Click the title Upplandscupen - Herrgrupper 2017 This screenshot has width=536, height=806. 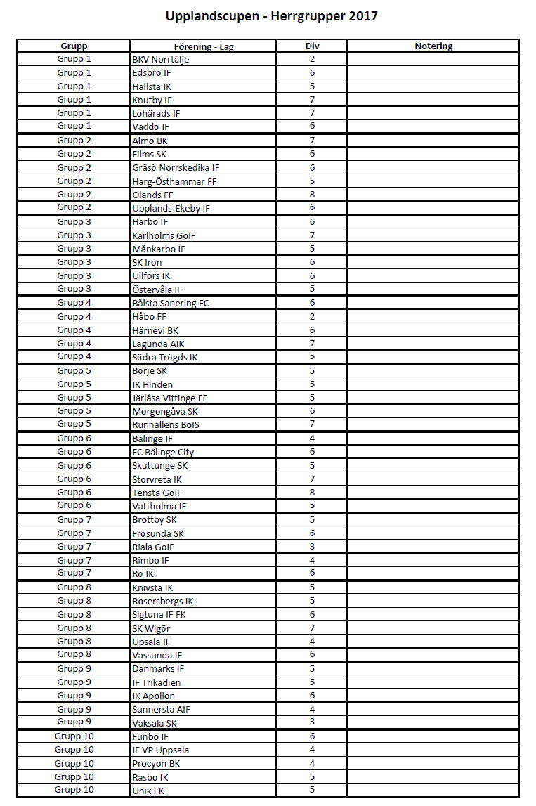click(x=271, y=15)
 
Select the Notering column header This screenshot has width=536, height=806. click(x=433, y=46)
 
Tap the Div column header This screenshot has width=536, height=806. click(x=312, y=46)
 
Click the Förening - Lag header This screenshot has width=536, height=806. click(x=203, y=46)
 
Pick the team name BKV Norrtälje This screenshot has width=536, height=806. click(x=161, y=60)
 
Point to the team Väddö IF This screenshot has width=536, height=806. click(x=150, y=126)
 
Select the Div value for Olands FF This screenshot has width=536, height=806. click(x=312, y=195)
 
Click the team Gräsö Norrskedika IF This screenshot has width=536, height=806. click(x=176, y=168)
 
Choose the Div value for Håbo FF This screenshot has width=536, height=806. click(x=312, y=317)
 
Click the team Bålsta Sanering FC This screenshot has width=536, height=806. click(x=171, y=304)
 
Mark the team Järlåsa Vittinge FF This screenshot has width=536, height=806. click(x=169, y=398)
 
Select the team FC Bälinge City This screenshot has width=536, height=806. click(x=163, y=453)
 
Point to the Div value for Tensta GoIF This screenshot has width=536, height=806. click(x=312, y=493)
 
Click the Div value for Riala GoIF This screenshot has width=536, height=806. click(x=312, y=547)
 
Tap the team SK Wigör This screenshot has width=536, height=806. click(x=151, y=628)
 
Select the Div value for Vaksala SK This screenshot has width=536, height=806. click(x=312, y=722)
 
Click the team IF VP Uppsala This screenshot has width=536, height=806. click(x=160, y=750)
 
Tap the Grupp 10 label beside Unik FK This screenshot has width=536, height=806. click(x=74, y=791)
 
